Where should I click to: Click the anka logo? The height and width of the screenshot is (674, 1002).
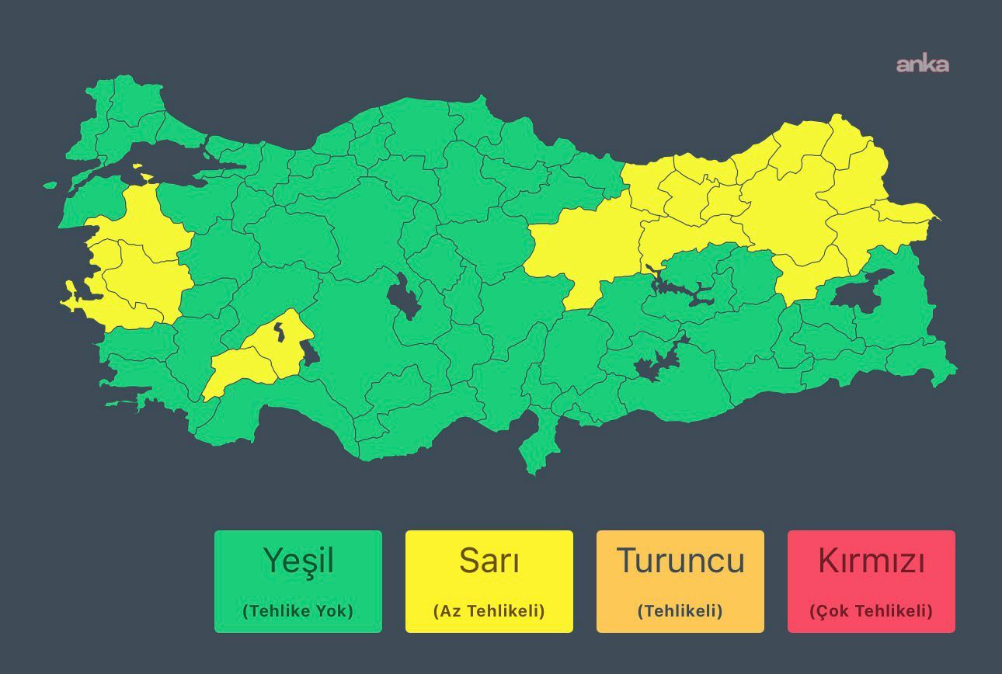[922, 64]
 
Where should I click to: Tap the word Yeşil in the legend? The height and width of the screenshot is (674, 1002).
[298, 561]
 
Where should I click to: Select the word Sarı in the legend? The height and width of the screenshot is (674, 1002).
[489, 561]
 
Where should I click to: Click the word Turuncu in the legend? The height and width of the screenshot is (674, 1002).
[680, 561]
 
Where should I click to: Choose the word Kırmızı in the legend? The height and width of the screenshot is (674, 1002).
[872, 561]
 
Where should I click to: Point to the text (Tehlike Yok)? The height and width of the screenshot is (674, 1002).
[298, 611]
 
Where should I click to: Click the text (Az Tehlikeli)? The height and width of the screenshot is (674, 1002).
[489, 611]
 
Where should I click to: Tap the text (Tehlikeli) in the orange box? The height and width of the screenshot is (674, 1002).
[680, 611]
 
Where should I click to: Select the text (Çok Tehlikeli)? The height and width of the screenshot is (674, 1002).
[872, 611]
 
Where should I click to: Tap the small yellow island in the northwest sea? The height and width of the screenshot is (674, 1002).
[137, 165]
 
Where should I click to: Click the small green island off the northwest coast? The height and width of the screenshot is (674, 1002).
[50, 185]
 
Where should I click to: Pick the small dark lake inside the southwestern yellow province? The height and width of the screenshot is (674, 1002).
[279, 332]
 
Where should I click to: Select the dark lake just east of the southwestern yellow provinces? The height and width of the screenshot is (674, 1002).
[309, 353]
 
